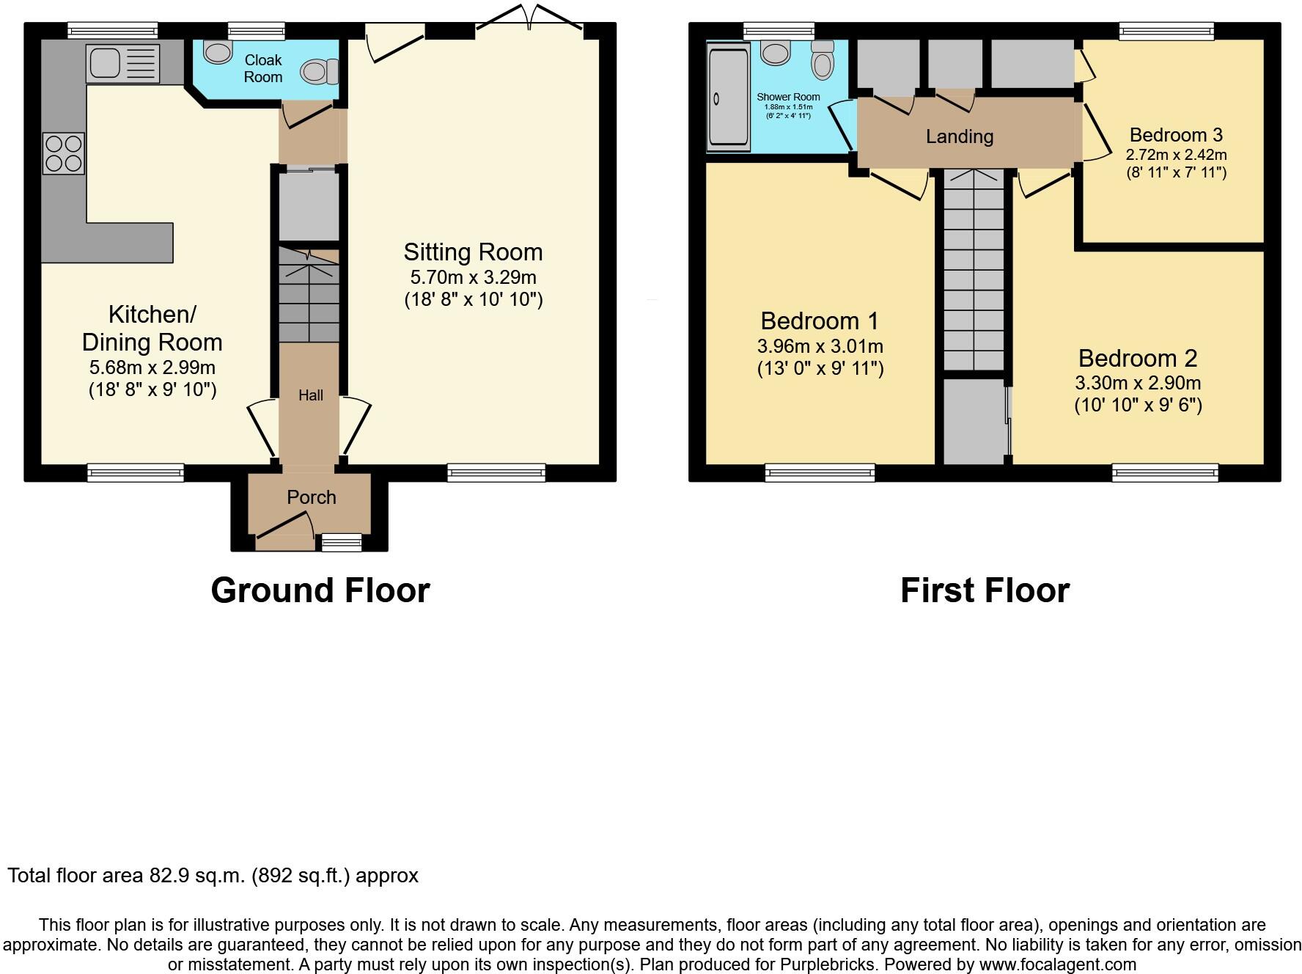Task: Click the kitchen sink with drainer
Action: point(122,63)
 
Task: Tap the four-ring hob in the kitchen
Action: point(64,153)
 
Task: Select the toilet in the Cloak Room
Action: point(320,71)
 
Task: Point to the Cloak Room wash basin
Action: point(217,51)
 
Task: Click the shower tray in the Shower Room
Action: point(728,97)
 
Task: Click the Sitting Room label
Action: point(473,252)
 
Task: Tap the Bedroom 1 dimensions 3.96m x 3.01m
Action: point(820,346)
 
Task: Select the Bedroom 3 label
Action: point(1176,135)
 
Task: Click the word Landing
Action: point(960,136)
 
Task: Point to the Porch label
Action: point(312,497)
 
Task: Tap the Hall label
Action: point(311,395)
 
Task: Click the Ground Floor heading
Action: point(320,590)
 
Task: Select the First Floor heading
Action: point(985,590)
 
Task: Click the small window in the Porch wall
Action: point(342,543)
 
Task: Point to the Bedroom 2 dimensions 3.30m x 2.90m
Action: point(1138,383)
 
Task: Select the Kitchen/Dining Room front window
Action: point(136,472)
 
